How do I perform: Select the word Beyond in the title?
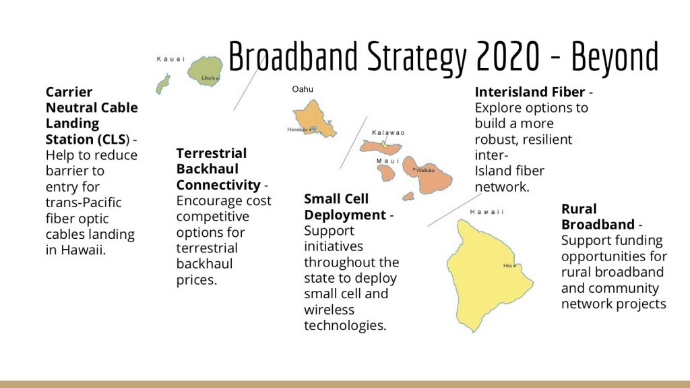tap(615, 57)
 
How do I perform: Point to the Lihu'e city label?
tap(208, 78)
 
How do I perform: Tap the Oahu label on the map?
tap(303, 89)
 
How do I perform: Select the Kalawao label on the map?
tap(388, 132)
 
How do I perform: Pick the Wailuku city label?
tap(426, 170)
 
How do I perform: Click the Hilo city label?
tap(508, 265)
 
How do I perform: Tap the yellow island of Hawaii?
tap(482, 270)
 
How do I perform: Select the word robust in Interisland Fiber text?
tap(496, 139)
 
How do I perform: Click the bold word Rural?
tap(579, 209)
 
